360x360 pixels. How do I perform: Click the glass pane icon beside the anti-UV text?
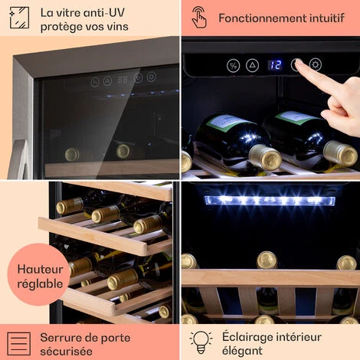(x=19, y=18)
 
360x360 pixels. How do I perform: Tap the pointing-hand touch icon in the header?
(x=199, y=18)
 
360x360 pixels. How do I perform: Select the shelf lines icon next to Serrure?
(x=19, y=344)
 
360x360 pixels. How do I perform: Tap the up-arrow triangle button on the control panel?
(x=252, y=65)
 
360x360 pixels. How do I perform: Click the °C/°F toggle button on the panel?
(x=234, y=66)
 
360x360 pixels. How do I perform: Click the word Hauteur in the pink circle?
(x=40, y=270)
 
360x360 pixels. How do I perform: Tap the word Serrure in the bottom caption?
(x=60, y=338)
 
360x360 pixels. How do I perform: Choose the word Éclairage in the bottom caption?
(x=248, y=337)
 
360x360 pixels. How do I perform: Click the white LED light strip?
(x=270, y=201)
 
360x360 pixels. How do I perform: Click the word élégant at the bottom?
(x=242, y=351)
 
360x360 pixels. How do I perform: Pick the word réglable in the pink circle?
(x=40, y=284)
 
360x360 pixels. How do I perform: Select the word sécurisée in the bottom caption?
(x=66, y=352)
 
